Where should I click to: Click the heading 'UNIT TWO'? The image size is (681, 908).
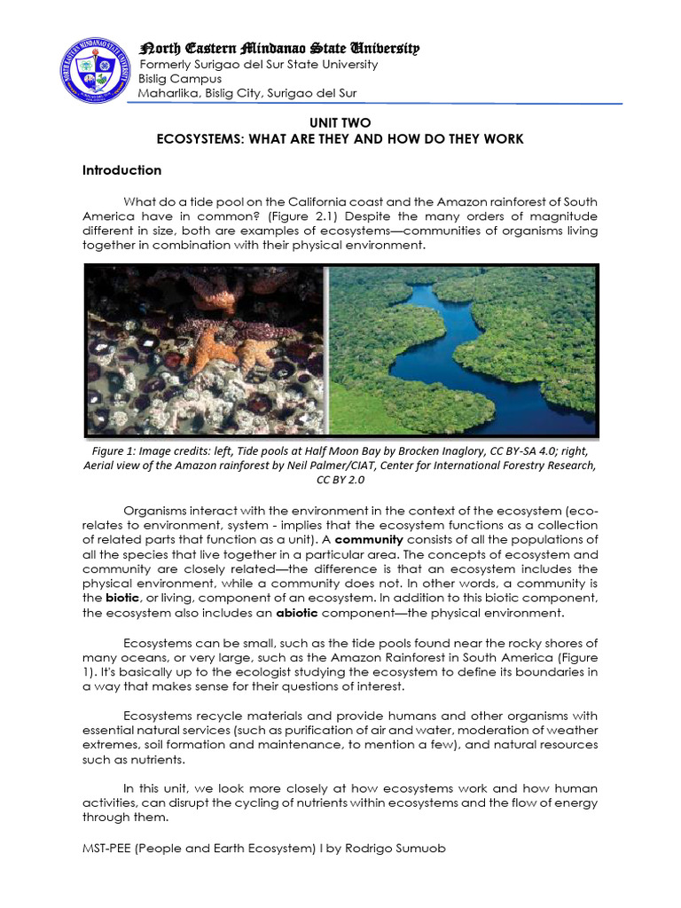(x=340, y=123)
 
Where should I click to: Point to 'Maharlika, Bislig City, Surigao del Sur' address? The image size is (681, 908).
(x=247, y=94)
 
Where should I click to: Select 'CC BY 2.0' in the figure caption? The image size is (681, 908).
(x=340, y=481)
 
